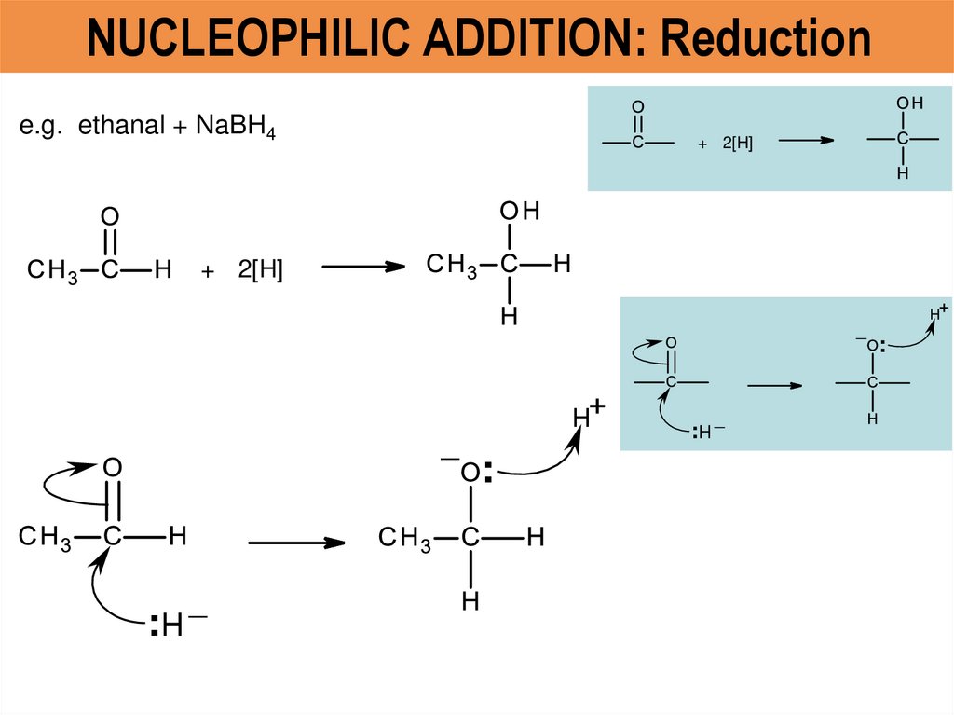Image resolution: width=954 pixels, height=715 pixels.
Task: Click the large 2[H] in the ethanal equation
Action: pyautogui.click(x=260, y=270)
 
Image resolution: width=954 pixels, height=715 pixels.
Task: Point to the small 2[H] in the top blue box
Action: pyautogui.click(x=737, y=144)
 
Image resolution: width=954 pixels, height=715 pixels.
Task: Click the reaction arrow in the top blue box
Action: pyautogui.click(x=805, y=141)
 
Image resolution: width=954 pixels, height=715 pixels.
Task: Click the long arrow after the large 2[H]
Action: pyautogui.click(x=363, y=267)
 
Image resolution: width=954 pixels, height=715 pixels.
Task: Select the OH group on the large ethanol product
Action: pyautogui.click(x=520, y=213)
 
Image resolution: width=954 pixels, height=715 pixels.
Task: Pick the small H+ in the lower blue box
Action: pyautogui.click(x=939, y=312)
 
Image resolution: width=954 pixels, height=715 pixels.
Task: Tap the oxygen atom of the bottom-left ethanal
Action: pyautogui.click(x=112, y=466)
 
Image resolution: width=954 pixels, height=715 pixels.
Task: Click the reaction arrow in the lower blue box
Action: pyautogui.click(x=774, y=383)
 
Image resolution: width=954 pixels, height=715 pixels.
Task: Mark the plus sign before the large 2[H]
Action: pyautogui.click(x=207, y=271)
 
